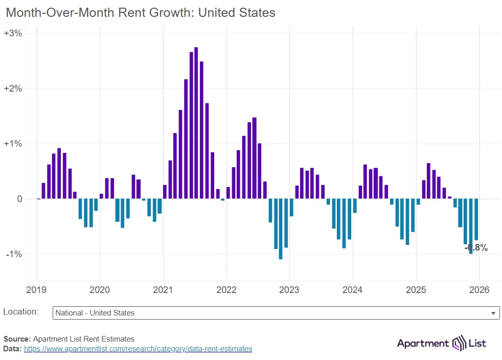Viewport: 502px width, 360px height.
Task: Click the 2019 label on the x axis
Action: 36,290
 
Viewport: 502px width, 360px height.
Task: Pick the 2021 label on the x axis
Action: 163,290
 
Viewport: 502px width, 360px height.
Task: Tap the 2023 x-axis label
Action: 289,290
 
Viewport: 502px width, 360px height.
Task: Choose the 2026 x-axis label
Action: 479,290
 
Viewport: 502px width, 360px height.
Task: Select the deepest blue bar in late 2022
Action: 281,229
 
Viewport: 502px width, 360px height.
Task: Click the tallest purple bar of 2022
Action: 255,158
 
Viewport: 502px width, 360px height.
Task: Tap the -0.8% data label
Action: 476,248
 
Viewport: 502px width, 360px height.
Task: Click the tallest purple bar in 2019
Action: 59,173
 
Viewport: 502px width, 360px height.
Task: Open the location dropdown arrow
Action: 493,313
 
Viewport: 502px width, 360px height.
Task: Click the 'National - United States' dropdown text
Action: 95,313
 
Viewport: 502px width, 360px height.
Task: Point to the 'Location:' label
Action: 21,311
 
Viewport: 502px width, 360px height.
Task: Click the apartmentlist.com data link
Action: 138,349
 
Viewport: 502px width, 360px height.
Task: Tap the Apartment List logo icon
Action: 458,343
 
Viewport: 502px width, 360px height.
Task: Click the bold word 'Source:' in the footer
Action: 17,339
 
